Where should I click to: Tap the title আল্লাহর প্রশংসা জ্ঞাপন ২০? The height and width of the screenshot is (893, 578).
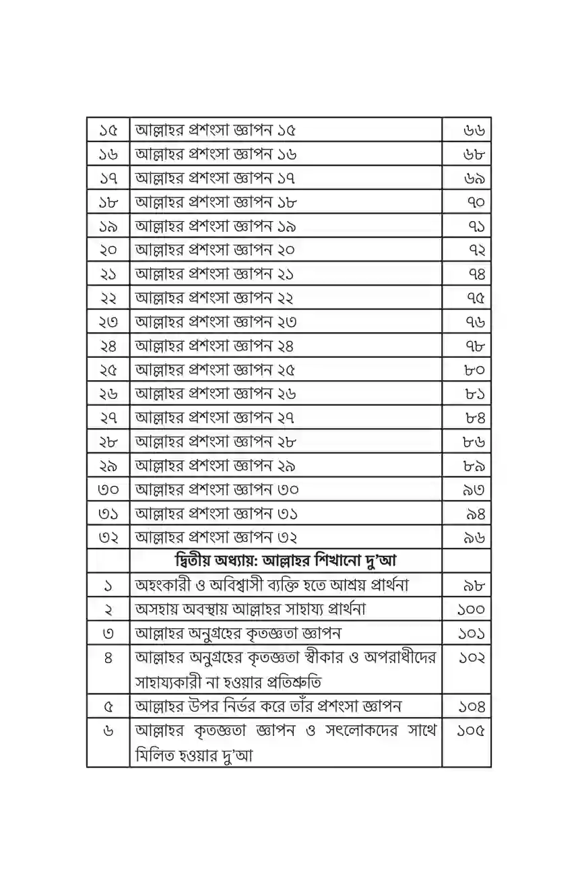[x=216, y=250]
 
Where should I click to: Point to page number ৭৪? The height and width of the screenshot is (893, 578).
[x=476, y=274]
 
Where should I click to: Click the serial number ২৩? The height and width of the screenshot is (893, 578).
[x=108, y=322]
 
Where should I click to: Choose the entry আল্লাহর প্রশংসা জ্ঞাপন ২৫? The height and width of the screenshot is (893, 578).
[x=216, y=370]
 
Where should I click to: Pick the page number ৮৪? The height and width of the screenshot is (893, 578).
[x=475, y=418]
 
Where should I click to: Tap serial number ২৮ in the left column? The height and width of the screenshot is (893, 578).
[x=108, y=442]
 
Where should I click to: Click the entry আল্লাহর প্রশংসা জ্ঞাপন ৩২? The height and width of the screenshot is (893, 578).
[x=216, y=538]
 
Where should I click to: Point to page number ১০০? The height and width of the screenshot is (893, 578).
[x=471, y=609]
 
